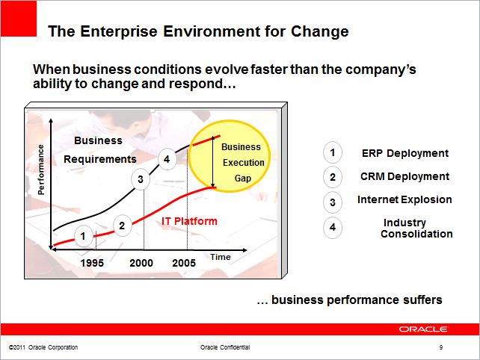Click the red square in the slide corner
point(19,19)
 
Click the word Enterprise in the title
point(119,31)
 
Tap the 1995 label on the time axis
point(92,263)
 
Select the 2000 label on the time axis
point(141,263)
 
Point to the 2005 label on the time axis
point(184,263)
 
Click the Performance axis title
point(40,170)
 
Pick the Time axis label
point(221,257)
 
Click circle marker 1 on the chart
point(83,236)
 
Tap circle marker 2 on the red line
point(122,226)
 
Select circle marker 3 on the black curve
point(141,179)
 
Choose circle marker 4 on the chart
point(167,159)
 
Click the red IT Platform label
point(189,221)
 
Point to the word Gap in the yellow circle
point(243,179)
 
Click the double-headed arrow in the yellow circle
point(213,162)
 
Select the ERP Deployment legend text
point(405,153)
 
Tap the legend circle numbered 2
point(333,177)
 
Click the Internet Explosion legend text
point(404,199)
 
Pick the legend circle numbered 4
point(333,227)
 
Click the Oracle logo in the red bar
point(423,329)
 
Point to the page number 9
point(441,347)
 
